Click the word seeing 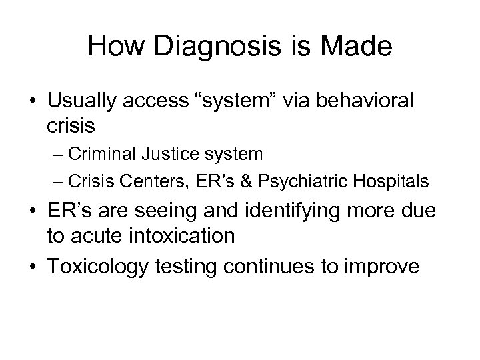(x=199, y=215)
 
